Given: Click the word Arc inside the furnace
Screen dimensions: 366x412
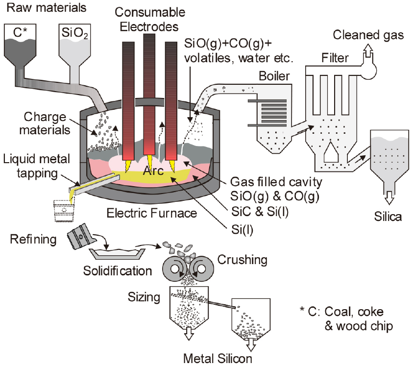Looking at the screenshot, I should [154, 171].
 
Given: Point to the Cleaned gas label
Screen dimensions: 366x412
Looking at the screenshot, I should [368, 35].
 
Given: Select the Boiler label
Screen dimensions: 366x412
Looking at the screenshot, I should [275, 77].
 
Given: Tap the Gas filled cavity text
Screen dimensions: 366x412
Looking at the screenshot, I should [276, 182].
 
